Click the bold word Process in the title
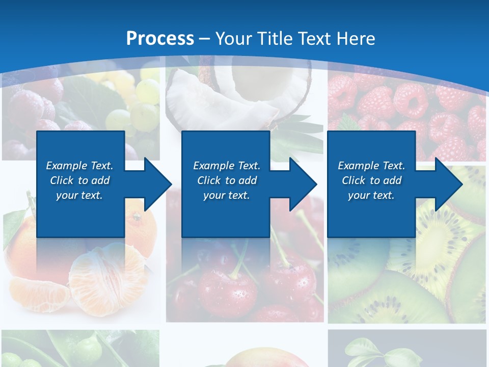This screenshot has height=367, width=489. coord(160,39)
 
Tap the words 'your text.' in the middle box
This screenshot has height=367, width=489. coord(226,195)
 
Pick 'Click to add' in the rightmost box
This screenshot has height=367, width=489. coord(371,180)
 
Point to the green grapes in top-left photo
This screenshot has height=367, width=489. coord(138,102)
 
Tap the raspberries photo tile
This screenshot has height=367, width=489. coord(407,112)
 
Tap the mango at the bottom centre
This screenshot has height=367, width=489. coord(265,359)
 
